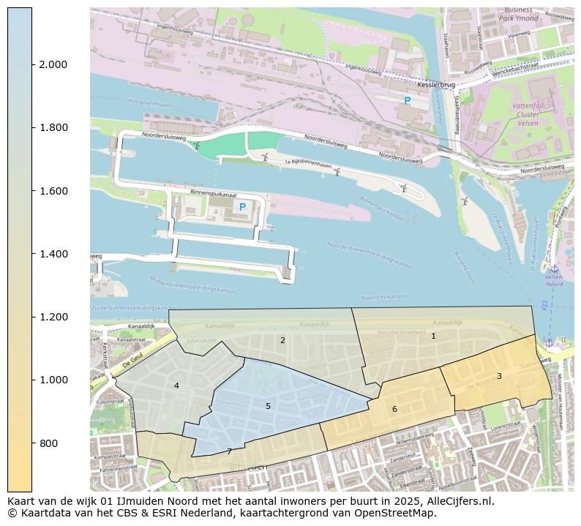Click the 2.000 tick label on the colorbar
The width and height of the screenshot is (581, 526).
pyautogui.click(x=53, y=64)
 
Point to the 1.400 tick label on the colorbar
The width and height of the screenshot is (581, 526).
pyautogui.click(x=53, y=254)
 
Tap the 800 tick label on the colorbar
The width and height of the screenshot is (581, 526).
pyautogui.click(x=48, y=443)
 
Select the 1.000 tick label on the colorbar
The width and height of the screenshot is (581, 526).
pyautogui.click(x=53, y=380)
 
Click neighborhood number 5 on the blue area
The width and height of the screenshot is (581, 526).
pyautogui.click(x=268, y=406)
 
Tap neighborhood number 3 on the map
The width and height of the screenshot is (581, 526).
pyautogui.click(x=499, y=376)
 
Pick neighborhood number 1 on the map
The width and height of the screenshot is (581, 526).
pyautogui.click(x=433, y=336)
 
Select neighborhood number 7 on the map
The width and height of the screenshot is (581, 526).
pyautogui.click(x=229, y=451)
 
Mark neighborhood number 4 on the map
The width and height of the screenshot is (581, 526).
pyautogui.click(x=176, y=386)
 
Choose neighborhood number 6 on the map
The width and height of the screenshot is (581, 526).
pyautogui.click(x=394, y=409)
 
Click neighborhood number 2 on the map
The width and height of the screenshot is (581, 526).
pyautogui.click(x=282, y=340)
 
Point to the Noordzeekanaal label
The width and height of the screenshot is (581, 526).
pyautogui.click(x=383, y=298)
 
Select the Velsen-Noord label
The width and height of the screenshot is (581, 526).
pyautogui.click(x=554, y=281)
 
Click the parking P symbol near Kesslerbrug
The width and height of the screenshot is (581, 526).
pyautogui.click(x=408, y=101)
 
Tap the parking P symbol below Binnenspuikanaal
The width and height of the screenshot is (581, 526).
pyautogui.click(x=242, y=207)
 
